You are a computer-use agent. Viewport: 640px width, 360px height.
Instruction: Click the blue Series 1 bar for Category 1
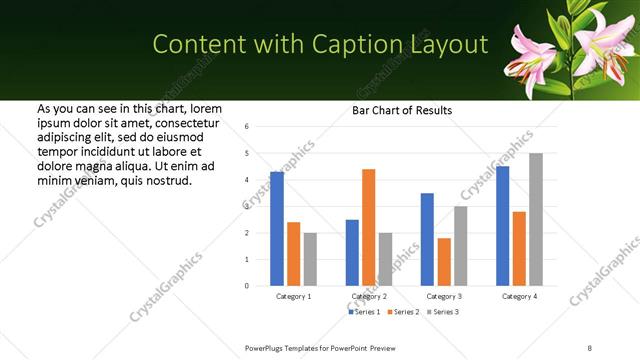(277, 229)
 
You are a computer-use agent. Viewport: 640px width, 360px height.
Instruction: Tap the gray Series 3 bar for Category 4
(536, 219)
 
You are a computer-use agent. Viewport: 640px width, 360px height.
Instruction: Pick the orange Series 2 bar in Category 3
(444, 262)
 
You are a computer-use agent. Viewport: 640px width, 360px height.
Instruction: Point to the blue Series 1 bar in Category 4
(502, 226)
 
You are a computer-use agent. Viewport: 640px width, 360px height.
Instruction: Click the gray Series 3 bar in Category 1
(310, 259)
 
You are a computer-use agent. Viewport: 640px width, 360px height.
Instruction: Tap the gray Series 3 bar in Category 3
(460, 246)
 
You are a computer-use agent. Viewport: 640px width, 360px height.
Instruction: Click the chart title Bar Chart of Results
(402, 110)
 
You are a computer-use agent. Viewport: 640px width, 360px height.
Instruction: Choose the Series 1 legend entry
(364, 312)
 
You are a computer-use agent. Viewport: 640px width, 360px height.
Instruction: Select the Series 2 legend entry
(403, 312)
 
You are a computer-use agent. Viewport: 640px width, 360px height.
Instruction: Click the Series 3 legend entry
(442, 312)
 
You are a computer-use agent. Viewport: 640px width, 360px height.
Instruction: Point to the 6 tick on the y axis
(247, 126)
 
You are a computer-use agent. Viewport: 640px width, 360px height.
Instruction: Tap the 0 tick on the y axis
(247, 286)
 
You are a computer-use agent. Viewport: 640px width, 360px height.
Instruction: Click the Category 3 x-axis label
(444, 297)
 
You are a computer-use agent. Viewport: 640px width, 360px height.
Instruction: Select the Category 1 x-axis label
(293, 297)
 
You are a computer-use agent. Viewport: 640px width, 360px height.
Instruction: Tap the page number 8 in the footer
(589, 347)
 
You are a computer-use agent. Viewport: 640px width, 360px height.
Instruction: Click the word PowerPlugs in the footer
(266, 347)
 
